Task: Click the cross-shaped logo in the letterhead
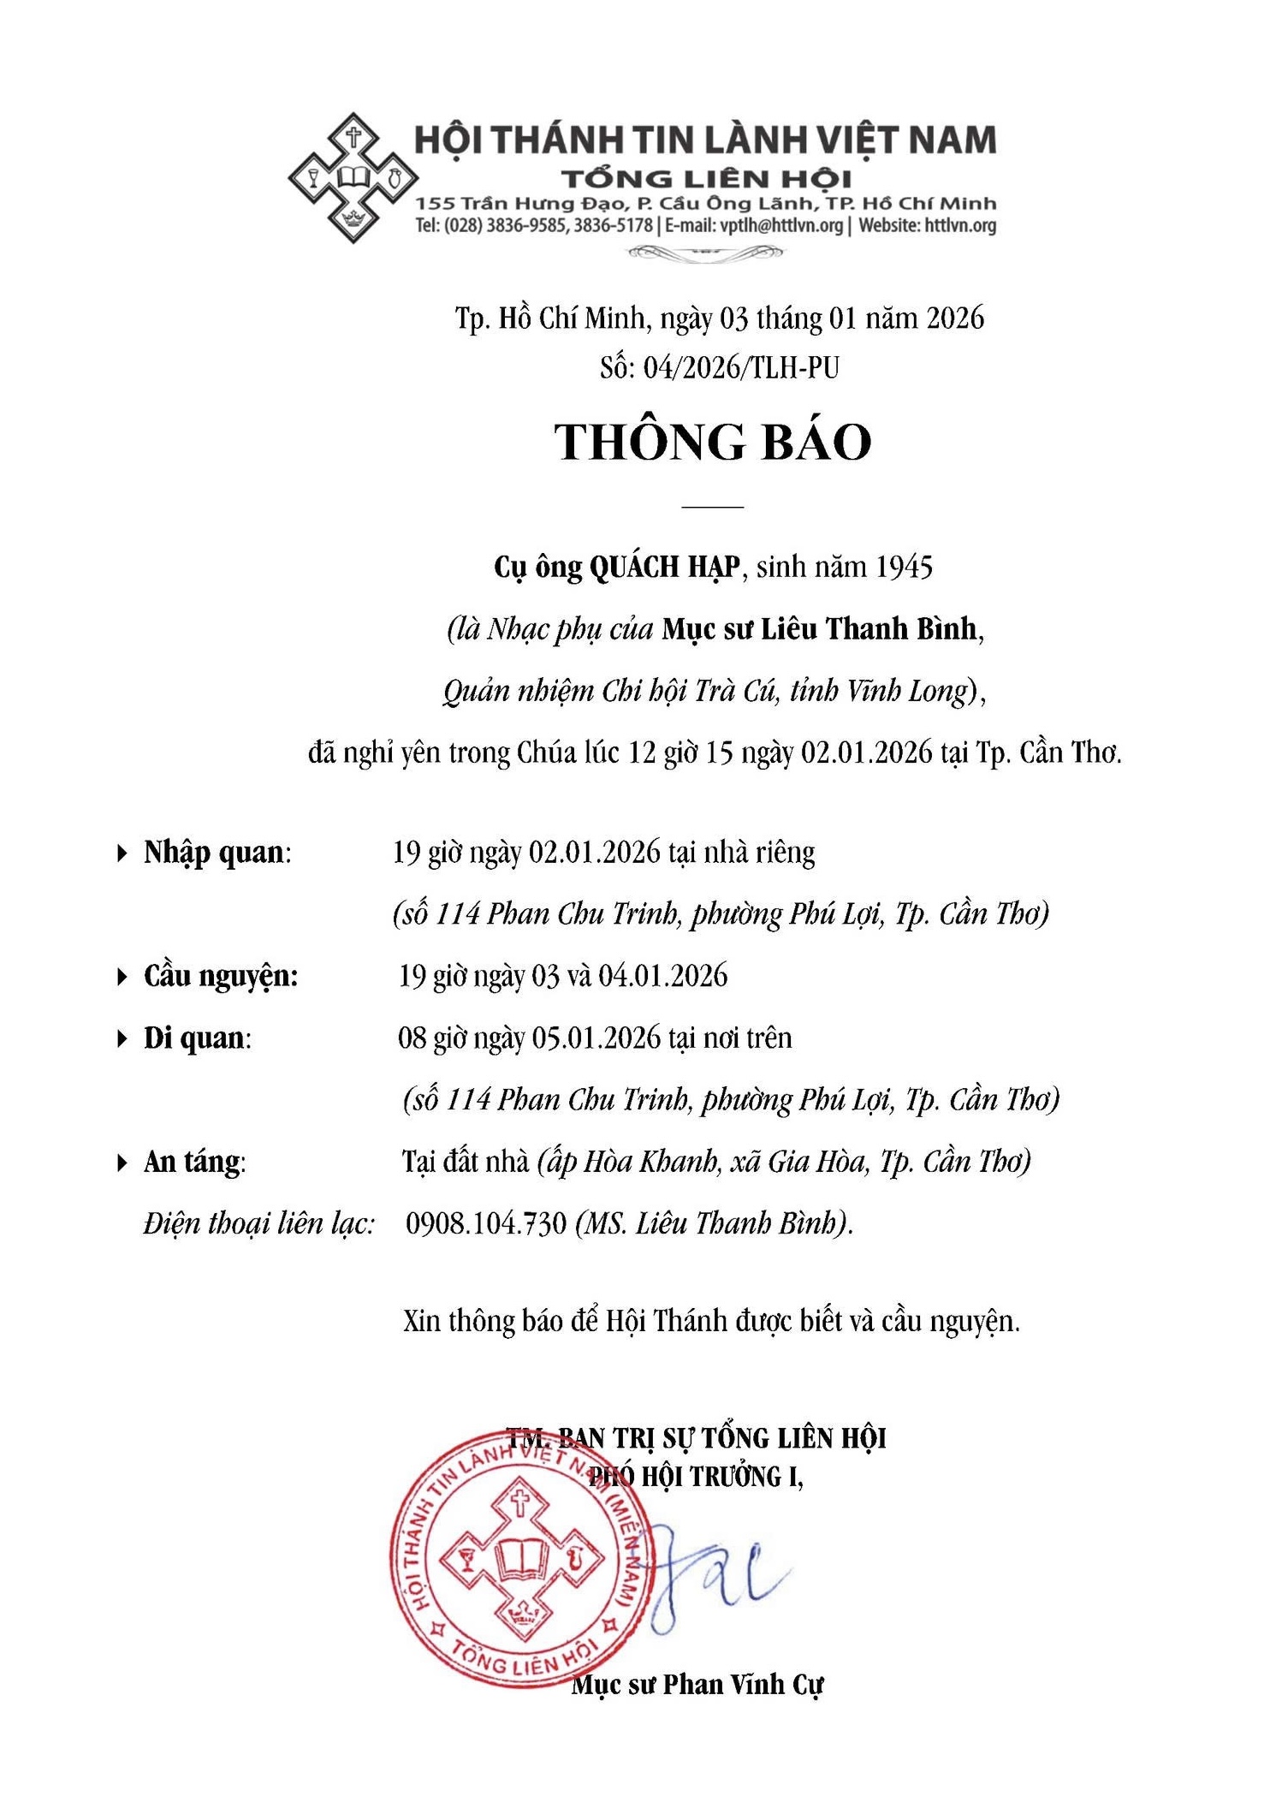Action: click(353, 177)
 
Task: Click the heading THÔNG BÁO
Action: click(713, 443)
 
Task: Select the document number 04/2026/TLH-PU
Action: click(741, 367)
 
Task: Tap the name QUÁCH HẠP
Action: click(664, 567)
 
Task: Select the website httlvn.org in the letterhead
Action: click(960, 226)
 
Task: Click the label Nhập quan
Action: click(214, 853)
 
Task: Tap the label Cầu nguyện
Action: click(220, 976)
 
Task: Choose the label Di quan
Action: click(195, 1038)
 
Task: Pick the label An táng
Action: click(193, 1162)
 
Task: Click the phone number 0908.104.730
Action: click(486, 1223)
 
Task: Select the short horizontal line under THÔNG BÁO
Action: click(712, 507)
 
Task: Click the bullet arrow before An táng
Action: click(122, 1163)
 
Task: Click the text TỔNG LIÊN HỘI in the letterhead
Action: click(706, 179)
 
